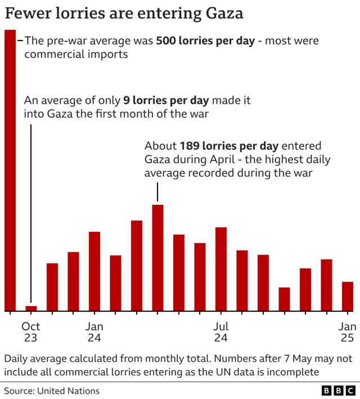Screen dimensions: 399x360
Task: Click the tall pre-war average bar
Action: pyautogui.click(x=10, y=169)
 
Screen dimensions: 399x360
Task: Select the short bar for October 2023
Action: pyautogui.click(x=31, y=308)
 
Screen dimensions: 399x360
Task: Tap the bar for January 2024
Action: pyautogui.click(x=94, y=271)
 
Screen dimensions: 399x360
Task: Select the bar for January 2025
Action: pyautogui.click(x=348, y=296)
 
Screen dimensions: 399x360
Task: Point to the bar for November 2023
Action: pyautogui.click(x=52, y=287)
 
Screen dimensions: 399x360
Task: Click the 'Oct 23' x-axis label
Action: pyautogui.click(x=31, y=332)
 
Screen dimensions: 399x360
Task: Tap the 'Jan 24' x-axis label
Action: pyautogui.click(x=94, y=332)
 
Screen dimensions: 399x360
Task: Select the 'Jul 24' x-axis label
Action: pyautogui.click(x=221, y=332)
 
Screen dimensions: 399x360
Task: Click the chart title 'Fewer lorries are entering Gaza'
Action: pyautogui.click(x=124, y=14)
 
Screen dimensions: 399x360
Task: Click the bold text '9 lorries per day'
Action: pyautogui.click(x=166, y=101)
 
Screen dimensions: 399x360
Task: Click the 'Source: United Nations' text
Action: pyautogui.click(x=52, y=391)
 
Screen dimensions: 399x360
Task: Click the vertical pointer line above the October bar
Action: pyautogui.click(x=31, y=214)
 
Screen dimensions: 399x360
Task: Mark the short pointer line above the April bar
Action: pyautogui.click(x=158, y=193)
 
